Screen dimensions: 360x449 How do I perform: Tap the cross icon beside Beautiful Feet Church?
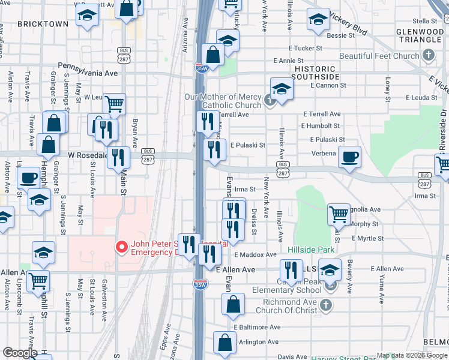point(428,56)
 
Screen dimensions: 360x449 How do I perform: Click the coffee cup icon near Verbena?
point(349,157)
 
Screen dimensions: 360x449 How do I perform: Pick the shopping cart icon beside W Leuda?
point(113,103)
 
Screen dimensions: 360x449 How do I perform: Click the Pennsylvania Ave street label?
point(89,73)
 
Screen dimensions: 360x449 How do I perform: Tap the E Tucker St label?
point(306,48)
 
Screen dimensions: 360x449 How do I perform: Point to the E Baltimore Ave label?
point(257,328)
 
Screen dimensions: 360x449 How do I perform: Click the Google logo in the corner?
point(20,353)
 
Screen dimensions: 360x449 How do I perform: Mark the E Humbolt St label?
point(321,126)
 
